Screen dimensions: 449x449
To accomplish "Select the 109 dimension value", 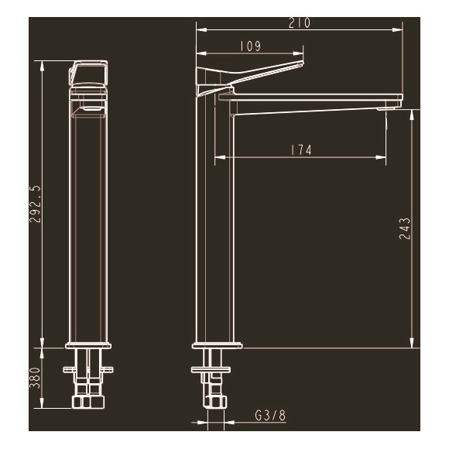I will point(249,46).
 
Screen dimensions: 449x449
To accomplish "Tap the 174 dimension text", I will point(301,150).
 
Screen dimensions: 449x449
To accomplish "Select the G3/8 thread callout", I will point(270,416).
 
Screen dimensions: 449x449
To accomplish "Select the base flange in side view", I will point(216,344).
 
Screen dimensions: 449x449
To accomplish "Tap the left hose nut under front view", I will point(78,403).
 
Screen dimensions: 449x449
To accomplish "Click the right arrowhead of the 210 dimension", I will point(400,30).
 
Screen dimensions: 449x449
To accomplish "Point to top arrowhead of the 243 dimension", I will point(413,112).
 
